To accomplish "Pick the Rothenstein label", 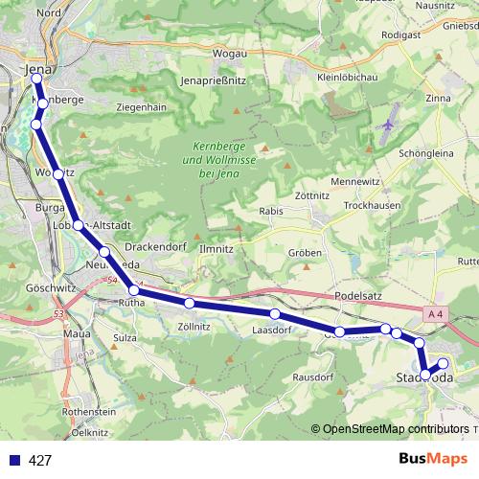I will click(x=87, y=410).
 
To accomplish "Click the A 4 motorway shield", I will click(x=436, y=313).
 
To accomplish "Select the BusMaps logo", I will click(x=434, y=459).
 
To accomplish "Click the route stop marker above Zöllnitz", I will click(x=190, y=303).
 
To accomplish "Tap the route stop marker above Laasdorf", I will click(x=275, y=314).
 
